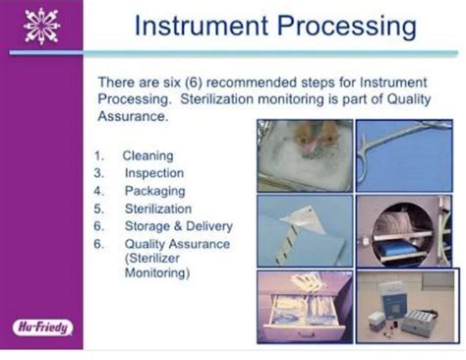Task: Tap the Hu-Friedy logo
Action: (41, 327)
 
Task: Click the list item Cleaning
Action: (147, 155)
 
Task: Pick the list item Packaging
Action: (154, 191)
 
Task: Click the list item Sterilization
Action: (158, 209)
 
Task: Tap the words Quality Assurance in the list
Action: (176, 244)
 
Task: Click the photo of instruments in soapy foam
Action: (304, 153)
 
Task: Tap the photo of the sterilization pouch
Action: (304, 230)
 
